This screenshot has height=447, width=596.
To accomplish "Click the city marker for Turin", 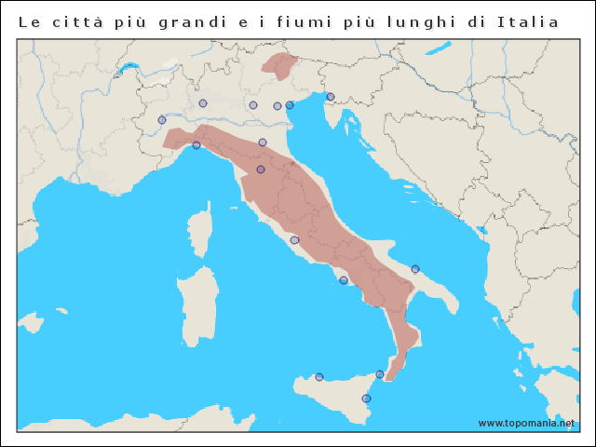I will coord(162,120).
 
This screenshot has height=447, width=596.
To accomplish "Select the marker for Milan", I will coord(203,103).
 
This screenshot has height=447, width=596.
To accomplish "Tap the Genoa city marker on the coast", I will coord(196,145).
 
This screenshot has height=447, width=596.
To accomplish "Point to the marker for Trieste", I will coord(331,97).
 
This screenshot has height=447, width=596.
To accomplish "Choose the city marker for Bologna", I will coord(263,142).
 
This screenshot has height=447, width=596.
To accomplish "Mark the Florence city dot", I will coord(261,169).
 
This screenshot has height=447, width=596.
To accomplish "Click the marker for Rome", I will coord(294,240).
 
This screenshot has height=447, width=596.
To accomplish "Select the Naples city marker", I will coord(344,280).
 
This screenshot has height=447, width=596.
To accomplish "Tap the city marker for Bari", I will coord(415,269).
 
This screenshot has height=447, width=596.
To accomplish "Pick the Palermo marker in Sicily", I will coord(319,377).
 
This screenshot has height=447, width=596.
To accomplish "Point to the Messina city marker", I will coord(380,374).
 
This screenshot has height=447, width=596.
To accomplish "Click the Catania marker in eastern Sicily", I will coord(366,399).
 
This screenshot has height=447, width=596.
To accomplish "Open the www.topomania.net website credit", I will coord(526,423).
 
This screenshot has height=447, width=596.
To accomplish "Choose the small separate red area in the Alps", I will coord(279,64).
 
